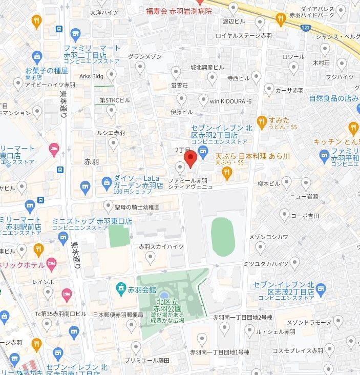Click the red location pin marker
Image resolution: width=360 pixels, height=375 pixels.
[x=190, y=159]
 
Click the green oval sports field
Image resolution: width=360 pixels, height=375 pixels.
[x=223, y=237]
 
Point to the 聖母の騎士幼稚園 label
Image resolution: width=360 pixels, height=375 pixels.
[x=137, y=207]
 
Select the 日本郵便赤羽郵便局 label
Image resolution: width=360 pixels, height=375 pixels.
[x=118, y=315]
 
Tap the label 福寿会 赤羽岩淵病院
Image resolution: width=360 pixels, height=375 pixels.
[x=179, y=11]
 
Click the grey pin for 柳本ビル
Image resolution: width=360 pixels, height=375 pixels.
[x=286, y=182]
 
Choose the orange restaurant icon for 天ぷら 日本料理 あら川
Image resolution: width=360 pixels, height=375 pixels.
[x=227, y=174]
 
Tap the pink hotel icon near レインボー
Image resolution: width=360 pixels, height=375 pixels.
[x=67, y=294]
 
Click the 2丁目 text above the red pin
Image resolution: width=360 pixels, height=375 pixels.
[x=183, y=150]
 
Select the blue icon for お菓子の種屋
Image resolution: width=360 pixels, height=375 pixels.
[x=36, y=57]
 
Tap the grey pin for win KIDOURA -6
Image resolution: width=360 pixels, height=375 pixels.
[x=203, y=100]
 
